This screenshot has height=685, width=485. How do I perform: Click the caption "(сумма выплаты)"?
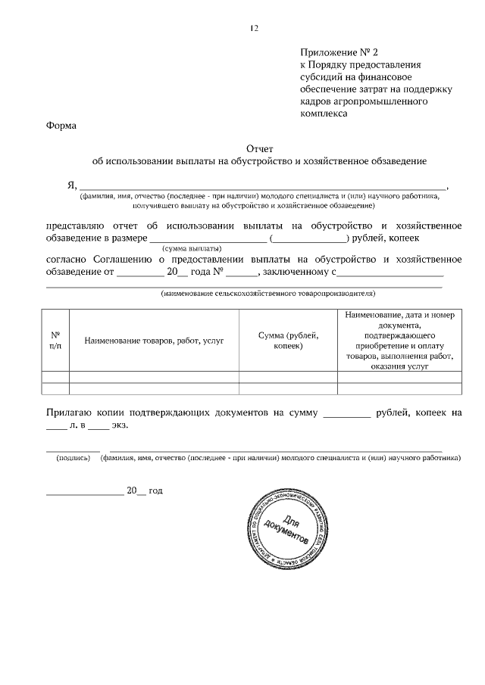[x=192, y=248]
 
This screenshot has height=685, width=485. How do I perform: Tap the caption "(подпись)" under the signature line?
[x=73, y=458]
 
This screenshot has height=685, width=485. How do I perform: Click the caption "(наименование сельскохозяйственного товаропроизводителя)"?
[x=268, y=293]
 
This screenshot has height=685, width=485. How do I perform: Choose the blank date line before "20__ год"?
[x=85, y=493]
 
